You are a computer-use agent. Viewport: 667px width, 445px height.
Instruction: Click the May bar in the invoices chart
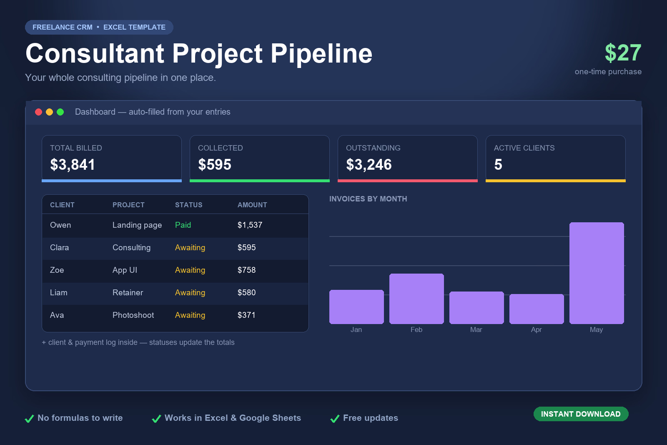597,273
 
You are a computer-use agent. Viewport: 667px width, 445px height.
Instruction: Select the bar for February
416,299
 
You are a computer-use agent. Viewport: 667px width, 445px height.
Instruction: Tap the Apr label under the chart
536,330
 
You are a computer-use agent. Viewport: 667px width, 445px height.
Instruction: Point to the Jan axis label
356,330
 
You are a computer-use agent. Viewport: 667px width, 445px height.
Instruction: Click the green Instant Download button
581,414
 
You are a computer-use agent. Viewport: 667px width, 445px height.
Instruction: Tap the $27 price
623,53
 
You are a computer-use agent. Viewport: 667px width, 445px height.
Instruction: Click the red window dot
38,112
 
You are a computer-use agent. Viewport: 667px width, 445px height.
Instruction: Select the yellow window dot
50,112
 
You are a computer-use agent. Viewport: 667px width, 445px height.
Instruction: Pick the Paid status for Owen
183,225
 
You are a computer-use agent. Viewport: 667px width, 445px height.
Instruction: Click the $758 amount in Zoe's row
246,270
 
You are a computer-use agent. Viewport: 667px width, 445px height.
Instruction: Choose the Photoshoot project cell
133,315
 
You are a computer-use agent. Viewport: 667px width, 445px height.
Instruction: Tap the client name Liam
59,292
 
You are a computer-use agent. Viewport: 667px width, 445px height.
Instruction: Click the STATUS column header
188,205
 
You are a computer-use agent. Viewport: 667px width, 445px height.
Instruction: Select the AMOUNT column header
252,205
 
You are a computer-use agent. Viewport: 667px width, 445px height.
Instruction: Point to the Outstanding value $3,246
369,165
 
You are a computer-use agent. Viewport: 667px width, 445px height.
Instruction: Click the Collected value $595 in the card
215,165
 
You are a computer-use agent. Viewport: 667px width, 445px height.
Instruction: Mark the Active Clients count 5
498,165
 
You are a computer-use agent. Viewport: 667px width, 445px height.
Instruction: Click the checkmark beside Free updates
335,418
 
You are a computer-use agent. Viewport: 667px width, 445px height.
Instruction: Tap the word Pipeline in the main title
321,54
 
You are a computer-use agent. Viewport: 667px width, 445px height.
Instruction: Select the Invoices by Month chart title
368,199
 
